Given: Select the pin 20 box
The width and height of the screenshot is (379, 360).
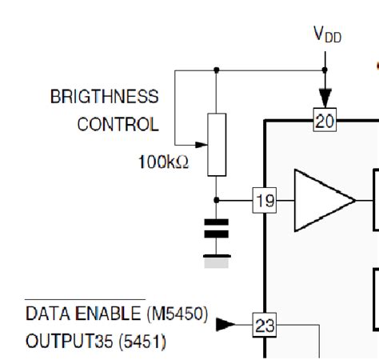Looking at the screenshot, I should [325, 121].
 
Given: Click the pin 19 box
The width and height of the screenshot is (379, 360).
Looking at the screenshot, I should [264, 201].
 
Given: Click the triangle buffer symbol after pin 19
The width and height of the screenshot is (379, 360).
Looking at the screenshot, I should [321, 201].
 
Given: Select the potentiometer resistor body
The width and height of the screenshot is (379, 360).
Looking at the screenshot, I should [217, 144].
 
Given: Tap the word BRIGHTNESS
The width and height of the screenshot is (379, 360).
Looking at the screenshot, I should [105, 97].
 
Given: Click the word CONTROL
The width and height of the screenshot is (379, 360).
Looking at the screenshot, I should [118, 124].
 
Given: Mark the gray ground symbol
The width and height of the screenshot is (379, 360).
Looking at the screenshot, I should [217, 259].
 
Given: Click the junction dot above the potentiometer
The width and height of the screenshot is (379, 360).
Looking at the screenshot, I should [217, 70].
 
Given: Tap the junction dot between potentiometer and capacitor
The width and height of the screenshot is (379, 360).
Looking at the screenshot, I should [217, 201].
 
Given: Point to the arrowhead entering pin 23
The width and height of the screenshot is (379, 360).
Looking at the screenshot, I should [226, 324].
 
